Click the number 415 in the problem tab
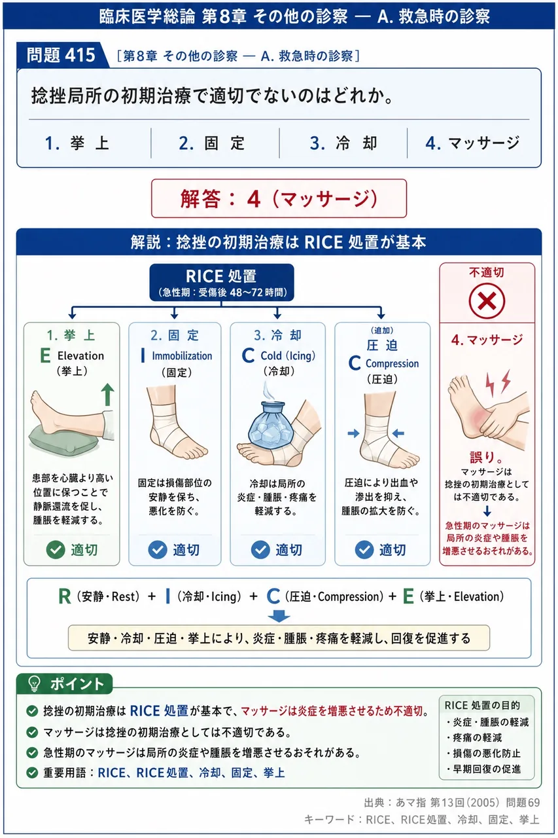(x=80, y=55)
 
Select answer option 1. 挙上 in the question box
(x=77, y=143)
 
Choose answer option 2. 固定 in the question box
(x=212, y=143)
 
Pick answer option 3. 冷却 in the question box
(x=343, y=143)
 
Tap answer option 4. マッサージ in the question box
(x=472, y=143)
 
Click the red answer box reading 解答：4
(x=279, y=198)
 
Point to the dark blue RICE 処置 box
(x=222, y=282)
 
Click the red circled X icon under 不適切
(x=487, y=301)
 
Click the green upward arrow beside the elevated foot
(x=108, y=394)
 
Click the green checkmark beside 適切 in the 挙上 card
(x=56, y=549)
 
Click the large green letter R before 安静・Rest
(x=65, y=596)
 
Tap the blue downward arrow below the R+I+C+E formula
(x=279, y=616)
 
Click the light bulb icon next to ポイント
(x=35, y=683)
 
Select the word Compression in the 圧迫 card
(x=392, y=363)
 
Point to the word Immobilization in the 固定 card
(x=182, y=355)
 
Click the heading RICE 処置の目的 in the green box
(x=482, y=705)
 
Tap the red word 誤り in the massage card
(x=483, y=457)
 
